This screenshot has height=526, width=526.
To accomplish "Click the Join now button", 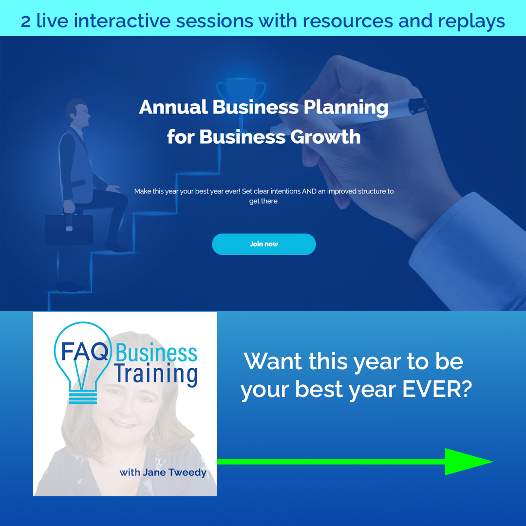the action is point(263,244).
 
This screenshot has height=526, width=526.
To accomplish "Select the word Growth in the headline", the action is point(325,137).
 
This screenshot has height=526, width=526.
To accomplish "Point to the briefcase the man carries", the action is point(69,229).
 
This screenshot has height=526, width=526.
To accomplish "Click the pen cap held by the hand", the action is point(418,105).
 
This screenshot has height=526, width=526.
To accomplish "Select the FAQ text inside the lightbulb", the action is point(85,352).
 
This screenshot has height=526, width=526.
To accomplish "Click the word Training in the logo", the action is point(156,375).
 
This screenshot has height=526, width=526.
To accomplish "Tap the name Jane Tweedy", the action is point(174,472).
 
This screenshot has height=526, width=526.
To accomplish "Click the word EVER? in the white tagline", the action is point(437,389).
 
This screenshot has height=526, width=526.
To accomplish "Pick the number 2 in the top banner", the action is point(25,22).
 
